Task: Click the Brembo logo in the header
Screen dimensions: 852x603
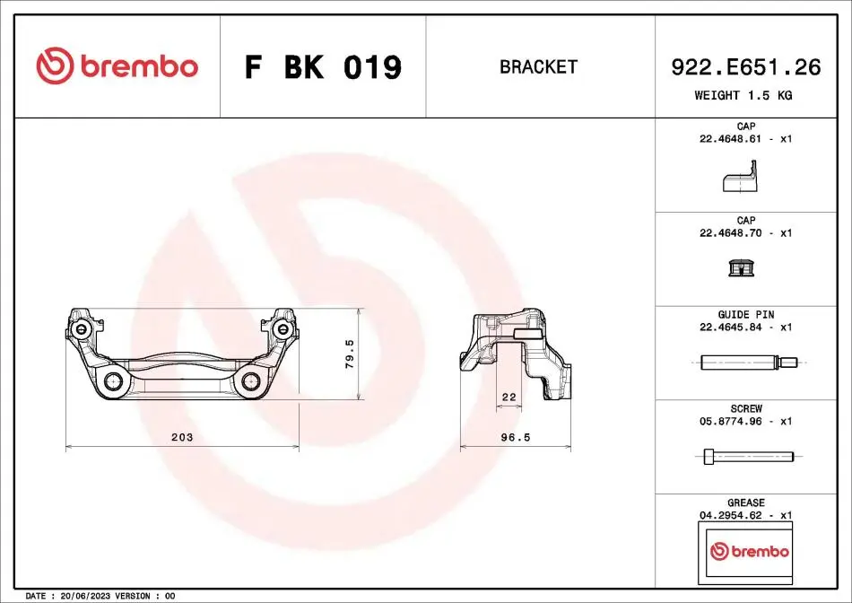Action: tap(117, 66)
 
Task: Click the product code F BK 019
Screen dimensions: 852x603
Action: tap(323, 67)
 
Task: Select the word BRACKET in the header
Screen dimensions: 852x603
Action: tap(538, 67)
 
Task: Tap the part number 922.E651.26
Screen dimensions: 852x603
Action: tap(746, 67)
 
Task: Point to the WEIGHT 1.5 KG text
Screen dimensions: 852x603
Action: tap(743, 95)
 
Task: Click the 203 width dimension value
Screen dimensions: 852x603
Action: tap(182, 437)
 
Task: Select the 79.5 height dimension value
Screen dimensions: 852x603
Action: tap(350, 354)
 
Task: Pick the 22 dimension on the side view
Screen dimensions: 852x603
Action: tap(509, 397)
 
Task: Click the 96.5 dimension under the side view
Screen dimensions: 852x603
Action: tap(515, 437)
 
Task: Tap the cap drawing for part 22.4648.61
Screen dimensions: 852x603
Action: tap(740, 176)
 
